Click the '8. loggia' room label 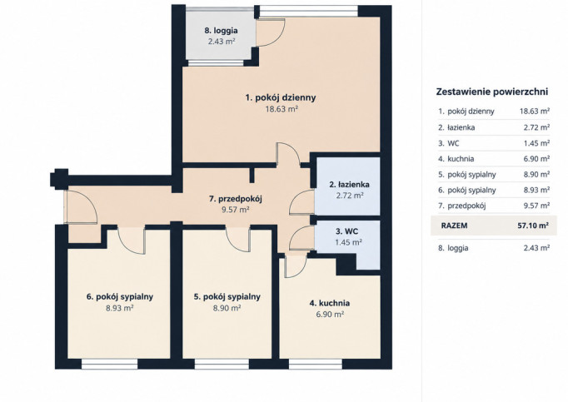click(x=221, y=31)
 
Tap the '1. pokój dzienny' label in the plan click(x=281, y=97)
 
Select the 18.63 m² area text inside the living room click(x=282, y=109)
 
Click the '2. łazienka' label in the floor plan click(x=349, y=184)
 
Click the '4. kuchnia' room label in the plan click(x=329, y=303)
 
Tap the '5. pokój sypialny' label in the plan click(x=227, y=296)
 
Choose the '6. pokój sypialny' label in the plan click(x=120, y=296)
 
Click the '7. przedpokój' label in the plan click(x=235, y=198)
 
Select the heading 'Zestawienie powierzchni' click(x=492, y=92)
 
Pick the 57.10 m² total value click(x=533, y=226)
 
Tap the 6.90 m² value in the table click(x=536, y=159)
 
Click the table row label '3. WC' click(x=448, y=143)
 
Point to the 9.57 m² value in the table click(x=536, y=206)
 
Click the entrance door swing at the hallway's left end click(x=81, y=206)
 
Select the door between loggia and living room click(x=270, y=32)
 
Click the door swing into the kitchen click(x=295, y=266)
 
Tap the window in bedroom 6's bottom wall click(x=110, y=364)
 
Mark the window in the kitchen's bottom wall click(x=315, y=364)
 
